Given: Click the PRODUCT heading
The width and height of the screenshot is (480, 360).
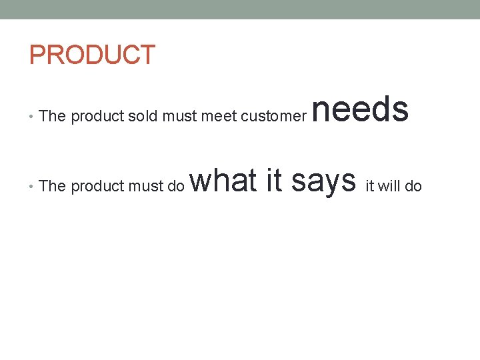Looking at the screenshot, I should pyautogui.click(x=92, y=55).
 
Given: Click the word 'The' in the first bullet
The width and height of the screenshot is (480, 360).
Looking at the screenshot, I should pyautogui.click(x=53, y=116).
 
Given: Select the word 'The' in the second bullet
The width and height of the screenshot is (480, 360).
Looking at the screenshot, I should pyautogui.click(x=53, y=185).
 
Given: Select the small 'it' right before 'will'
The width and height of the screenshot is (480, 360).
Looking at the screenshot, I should pyautogui.click(x=370, y=185).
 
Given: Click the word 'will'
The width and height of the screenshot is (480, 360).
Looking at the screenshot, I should pyautogui.click(x=389, y=185).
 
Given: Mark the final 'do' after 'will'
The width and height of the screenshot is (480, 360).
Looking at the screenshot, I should pyautogui.click(x=413, y=185).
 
